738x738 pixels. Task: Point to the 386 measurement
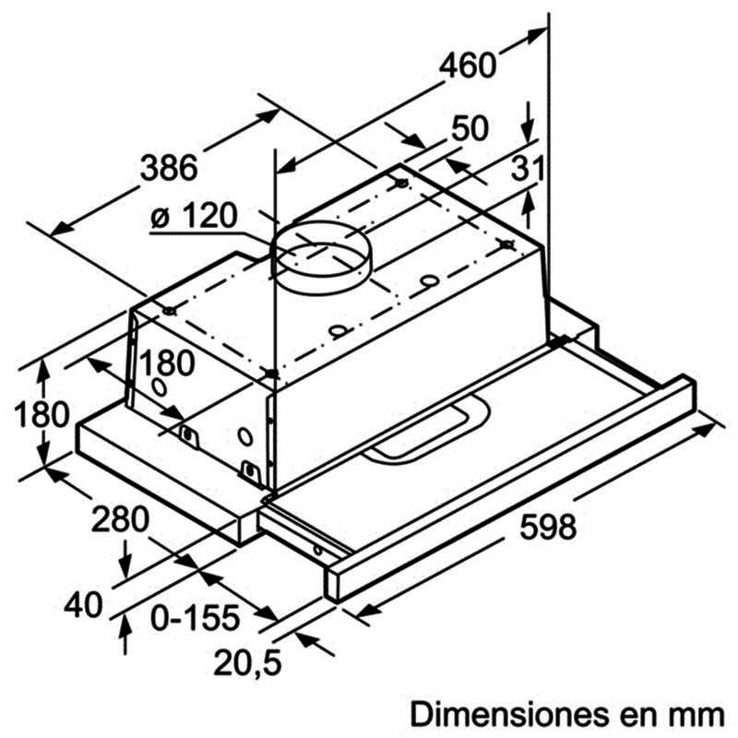[x=169, y=168]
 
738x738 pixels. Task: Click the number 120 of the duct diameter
[x=206, y=217]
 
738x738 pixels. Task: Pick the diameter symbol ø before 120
[x=159, y=219]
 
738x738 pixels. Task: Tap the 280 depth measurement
[x=120, y=520]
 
